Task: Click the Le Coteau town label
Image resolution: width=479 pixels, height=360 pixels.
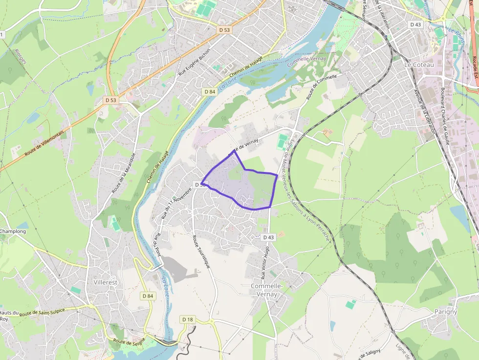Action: [416, 64]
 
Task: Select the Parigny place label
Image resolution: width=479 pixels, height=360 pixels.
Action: [445, 311]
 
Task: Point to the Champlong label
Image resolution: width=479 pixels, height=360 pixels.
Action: [13, 231]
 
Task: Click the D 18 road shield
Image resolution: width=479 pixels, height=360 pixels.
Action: [188, 319]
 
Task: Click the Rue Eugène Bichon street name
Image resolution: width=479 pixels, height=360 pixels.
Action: [195, 63]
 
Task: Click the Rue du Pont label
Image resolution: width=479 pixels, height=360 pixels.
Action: [157, 244]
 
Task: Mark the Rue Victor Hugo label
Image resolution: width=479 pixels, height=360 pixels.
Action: [265, 262]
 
